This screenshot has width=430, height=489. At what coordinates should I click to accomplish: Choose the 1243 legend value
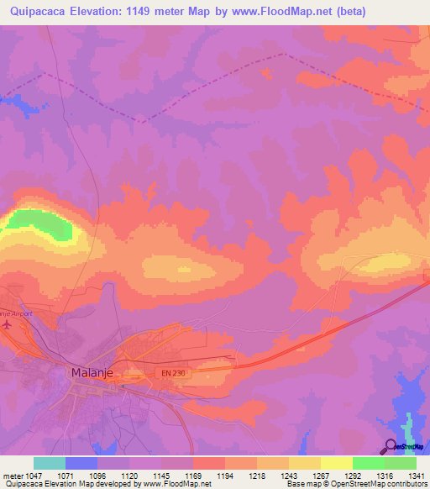click(x=289, y=475)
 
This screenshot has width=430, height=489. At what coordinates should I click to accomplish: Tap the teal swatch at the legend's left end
click(x=50, y=463)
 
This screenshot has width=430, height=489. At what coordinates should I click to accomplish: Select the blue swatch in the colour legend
click(x=81, y=463)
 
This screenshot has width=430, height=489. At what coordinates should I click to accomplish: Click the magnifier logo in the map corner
click(x=391, y=446)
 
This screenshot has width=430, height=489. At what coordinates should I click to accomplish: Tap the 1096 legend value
click(x=97, y=475)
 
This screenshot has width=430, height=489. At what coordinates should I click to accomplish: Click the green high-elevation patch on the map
click(x=42, y=223)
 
